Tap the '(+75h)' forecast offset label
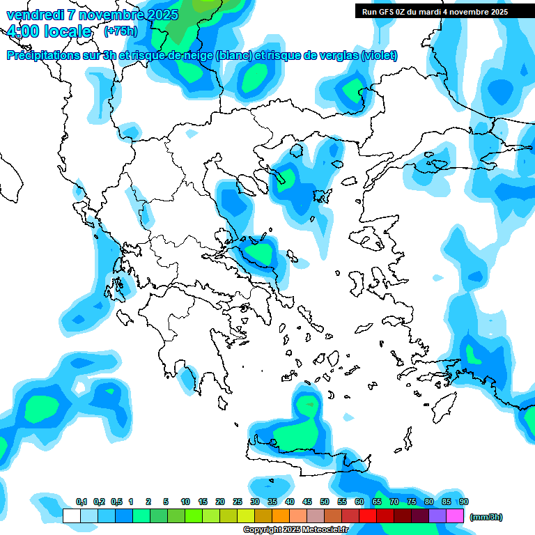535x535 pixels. point(121,31)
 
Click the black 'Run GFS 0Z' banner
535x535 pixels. point(435,11)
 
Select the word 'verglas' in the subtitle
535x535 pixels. point(334,56)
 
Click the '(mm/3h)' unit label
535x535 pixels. point(486,517)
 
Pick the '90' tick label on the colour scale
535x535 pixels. point(463,502)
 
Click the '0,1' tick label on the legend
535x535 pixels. point(81,502)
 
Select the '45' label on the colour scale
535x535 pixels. point(307,502)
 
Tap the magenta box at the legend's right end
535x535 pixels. point(455,515)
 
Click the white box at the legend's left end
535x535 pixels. point(72,515)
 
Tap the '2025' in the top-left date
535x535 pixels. point(158,14)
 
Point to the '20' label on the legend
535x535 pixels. point(220,502)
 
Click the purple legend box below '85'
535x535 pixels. point(437,515)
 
